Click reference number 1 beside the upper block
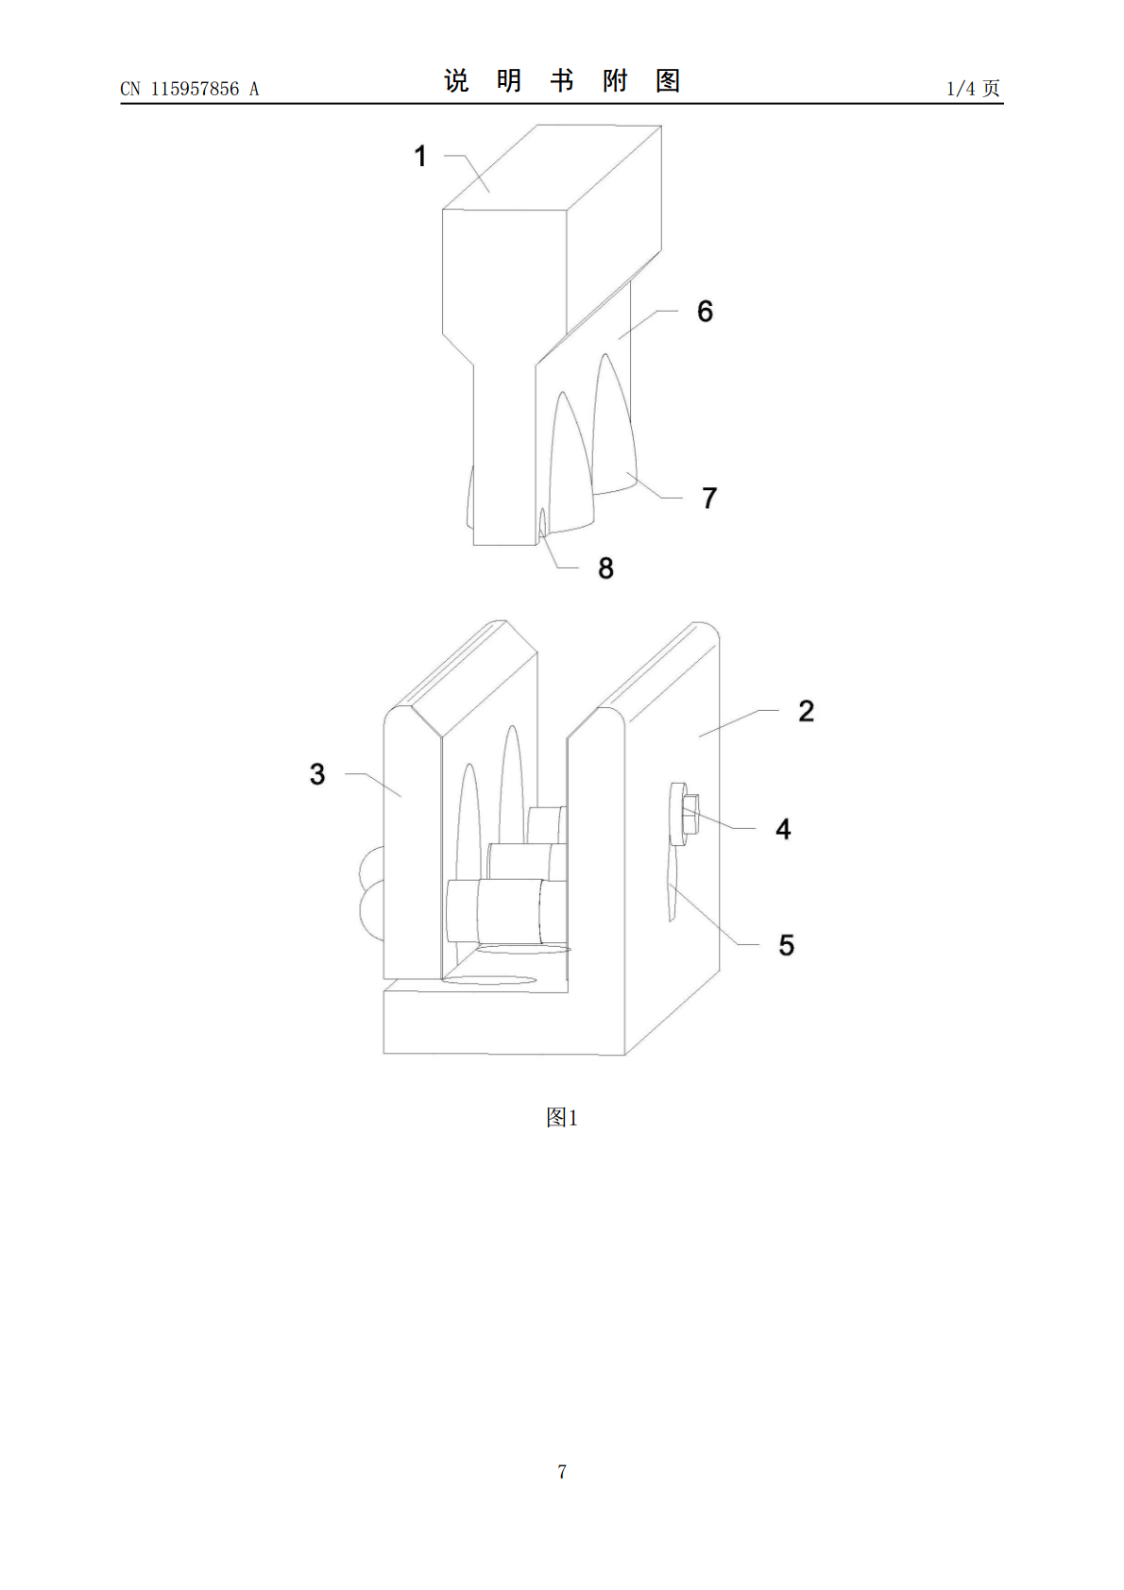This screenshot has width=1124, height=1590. tap(420, 156)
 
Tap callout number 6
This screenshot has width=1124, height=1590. tap(705, 311)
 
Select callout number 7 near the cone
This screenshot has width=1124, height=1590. tap(708, 499)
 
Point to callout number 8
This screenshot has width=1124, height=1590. tap(605, 567)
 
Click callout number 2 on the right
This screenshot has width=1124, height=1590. tap(806, 711)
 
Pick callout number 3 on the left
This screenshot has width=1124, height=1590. tap(317, 773)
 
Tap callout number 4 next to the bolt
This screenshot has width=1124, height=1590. tap(782, 829)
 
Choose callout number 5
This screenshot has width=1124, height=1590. tap(786, 945)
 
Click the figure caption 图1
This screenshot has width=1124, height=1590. tap(562, 1118)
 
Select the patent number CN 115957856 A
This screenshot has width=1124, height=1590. tap(190, 89)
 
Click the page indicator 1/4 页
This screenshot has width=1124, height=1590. tap(973, 88)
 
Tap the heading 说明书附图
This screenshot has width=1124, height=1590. tap(562, 80)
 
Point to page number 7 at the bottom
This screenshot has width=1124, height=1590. tap(562, 1471)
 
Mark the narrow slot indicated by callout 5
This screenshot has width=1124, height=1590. tap(672, 885)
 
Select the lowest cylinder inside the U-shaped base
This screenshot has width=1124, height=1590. tap(505, 911)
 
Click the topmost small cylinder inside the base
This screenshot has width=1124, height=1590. tap(547, 825)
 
